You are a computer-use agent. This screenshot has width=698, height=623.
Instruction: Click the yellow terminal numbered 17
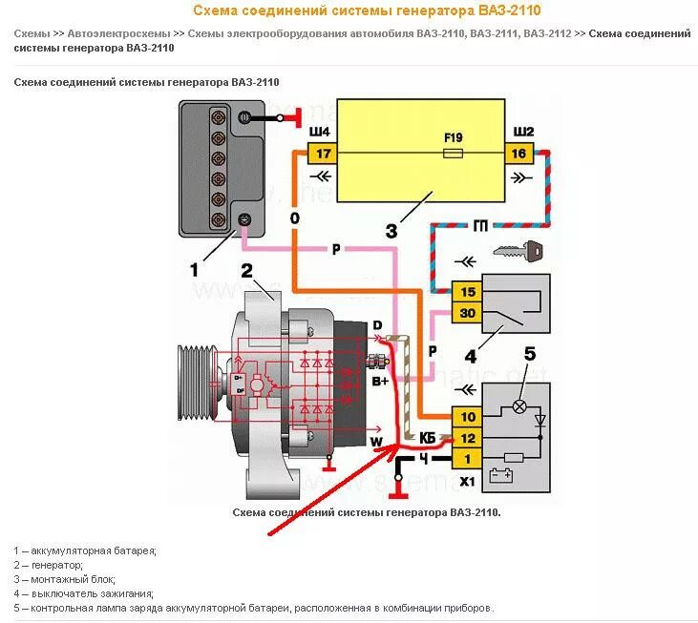coord(322,154)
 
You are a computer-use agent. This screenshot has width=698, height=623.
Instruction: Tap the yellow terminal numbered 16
coord(519,154)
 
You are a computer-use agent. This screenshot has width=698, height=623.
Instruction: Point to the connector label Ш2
coord(524,132)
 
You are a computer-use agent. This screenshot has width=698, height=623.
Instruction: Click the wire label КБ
coord(428,438)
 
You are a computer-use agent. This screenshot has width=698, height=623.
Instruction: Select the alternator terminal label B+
coord(379,381)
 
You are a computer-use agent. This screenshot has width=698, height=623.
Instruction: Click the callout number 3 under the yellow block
coord(391,231)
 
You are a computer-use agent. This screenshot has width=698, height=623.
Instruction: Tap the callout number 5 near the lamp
coord(530,353)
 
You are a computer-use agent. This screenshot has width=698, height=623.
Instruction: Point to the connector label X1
coord(468,481)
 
